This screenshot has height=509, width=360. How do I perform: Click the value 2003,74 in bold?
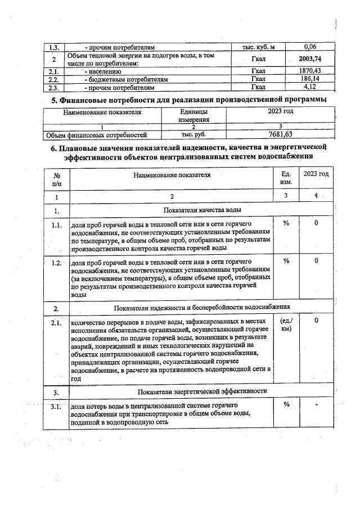[x=310, y=60]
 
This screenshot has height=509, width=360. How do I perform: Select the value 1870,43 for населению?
[x=310, y=71]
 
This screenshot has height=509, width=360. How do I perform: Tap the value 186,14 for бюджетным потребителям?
[x=310, y=80]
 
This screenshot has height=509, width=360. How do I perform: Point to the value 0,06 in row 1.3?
[x=310, y=47]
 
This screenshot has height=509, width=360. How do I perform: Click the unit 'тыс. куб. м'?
[x=260, y=47]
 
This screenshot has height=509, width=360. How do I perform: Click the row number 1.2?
[x=56, y=263]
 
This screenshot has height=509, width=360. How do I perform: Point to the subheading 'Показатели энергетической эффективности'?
[x=202, y=391]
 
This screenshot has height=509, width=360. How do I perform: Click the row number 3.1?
[x=56, y=406]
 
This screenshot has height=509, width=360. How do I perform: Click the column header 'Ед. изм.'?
[x=286, y=178]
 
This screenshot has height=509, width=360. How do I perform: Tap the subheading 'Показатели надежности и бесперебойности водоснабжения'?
[x=202, y=308]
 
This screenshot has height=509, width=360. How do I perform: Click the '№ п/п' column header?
[x=56, y=179]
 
